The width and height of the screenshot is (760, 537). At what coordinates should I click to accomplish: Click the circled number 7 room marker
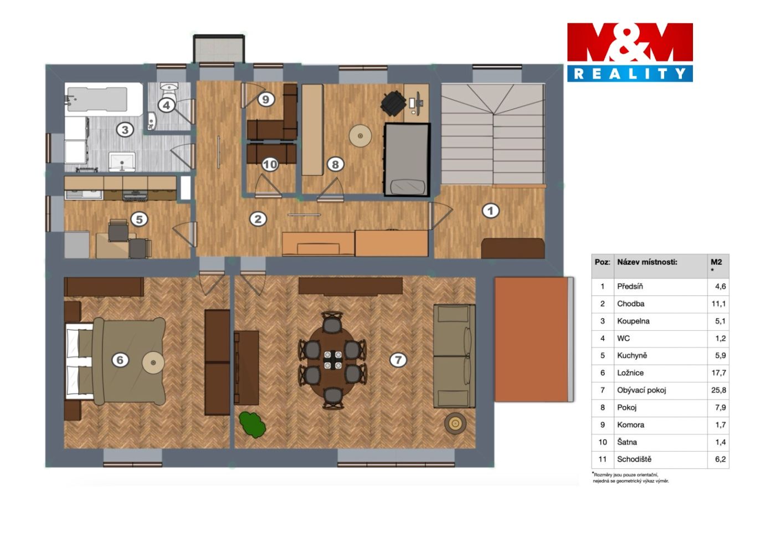point(398,360)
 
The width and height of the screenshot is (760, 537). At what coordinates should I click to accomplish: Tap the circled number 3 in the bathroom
point(125,130)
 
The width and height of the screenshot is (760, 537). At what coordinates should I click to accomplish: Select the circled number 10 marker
point(270,165)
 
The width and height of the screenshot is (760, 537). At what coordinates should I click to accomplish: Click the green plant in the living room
point(252,425)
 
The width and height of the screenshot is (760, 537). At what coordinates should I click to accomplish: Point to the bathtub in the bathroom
point(103,99)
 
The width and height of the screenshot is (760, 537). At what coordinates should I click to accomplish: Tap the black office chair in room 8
point(393,103)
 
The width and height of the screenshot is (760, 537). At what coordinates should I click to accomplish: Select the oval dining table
point(332,360)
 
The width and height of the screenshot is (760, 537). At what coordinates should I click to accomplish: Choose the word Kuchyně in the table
point(631,355)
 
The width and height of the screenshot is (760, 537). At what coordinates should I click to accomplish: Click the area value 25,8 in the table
point(718,390)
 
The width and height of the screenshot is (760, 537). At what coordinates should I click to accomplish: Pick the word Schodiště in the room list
point(634,459)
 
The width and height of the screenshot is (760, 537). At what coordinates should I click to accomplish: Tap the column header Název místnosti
point(647,262)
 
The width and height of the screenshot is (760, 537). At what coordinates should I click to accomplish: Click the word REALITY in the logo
point(630,74)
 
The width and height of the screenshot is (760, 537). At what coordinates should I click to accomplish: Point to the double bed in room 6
point(115,362)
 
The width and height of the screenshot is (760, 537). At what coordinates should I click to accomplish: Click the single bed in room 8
point(407,160)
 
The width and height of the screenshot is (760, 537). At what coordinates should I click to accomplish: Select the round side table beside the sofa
point(455,423)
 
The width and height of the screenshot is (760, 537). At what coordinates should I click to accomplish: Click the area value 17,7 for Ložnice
point(718,373)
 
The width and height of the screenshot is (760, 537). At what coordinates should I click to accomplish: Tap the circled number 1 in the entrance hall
point(490,211)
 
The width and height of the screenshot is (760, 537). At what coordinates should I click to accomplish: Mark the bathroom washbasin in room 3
point(122,162)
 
